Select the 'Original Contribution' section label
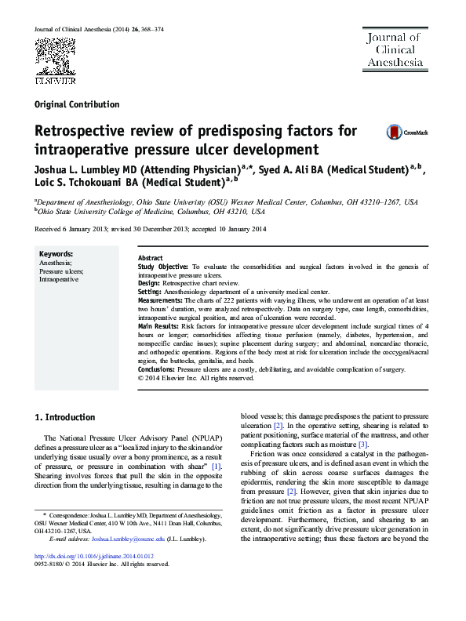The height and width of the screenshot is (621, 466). click(x=78, y=104)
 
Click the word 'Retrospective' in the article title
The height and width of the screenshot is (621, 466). click(x=89, y=130)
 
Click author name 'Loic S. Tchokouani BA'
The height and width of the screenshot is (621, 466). click(x=87, y=184)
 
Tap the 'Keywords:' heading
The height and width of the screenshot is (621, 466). click(x=56, y=255)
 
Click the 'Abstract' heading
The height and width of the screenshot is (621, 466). click(x=151, y=258)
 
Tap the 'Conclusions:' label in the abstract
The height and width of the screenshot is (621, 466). click(x=157, y=367)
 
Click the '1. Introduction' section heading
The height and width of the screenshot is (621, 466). click(x=67, y=417)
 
